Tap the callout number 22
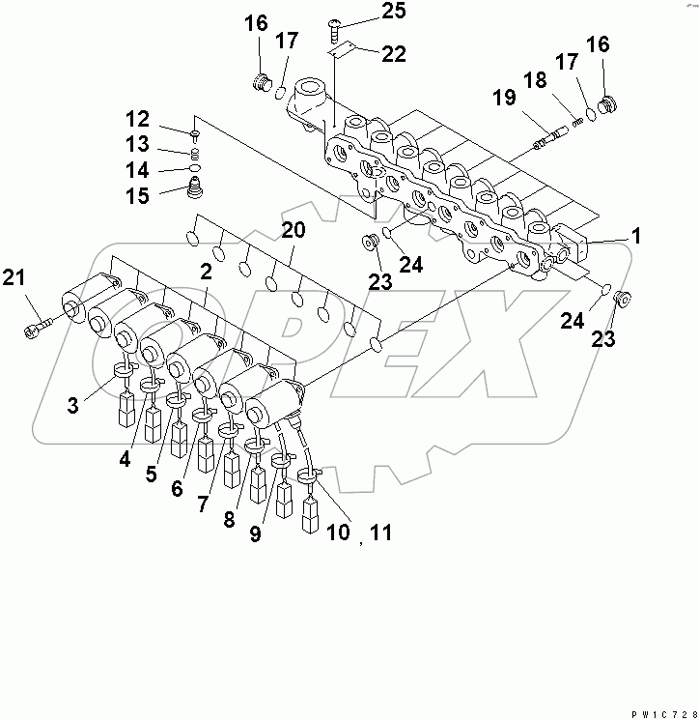(393, 55)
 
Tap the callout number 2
(205, 272)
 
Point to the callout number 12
(137, 120)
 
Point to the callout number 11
(384, 532)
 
